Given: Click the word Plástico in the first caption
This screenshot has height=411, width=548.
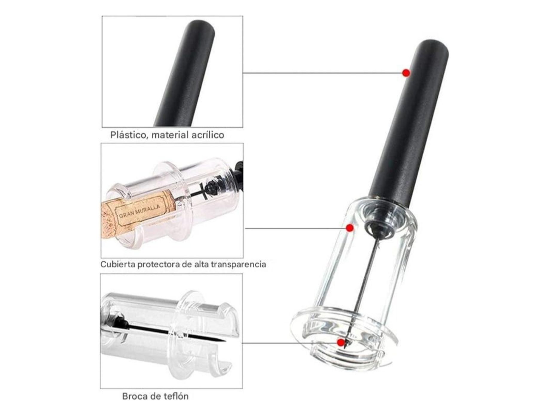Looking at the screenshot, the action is tap(130, 135).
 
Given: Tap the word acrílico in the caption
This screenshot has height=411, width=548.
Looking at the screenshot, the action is tap(208, 135).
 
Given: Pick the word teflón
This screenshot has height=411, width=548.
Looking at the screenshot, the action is tap(177, 396).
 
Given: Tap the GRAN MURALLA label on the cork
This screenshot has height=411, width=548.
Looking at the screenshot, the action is tap(140, 211).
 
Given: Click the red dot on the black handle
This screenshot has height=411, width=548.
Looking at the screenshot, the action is tap(406, 73).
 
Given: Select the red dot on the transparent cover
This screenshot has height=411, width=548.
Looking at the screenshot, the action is tap(350, 228).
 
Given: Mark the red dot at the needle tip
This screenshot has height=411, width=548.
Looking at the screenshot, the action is tap(341, 342).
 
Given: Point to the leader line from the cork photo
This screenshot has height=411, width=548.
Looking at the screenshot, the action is tap(295, 228).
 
